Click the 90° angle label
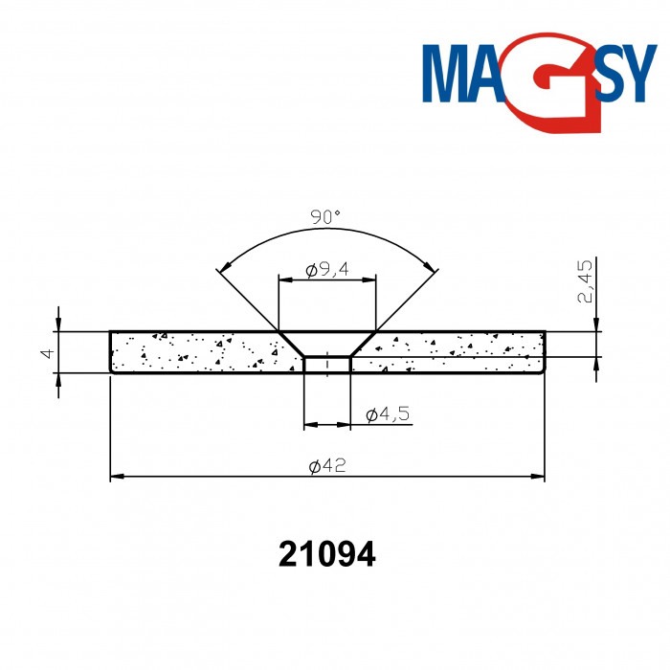(x=325, y=217)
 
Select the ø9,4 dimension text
(x=326, y=270)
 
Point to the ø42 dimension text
(x=327, y=466)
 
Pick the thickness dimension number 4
(x=44, y=352)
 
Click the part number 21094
(x=326, y=553)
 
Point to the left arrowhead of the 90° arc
(x=222, y=269)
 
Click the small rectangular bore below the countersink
(x=326, y=365)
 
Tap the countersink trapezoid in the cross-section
(x=326, y=344)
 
